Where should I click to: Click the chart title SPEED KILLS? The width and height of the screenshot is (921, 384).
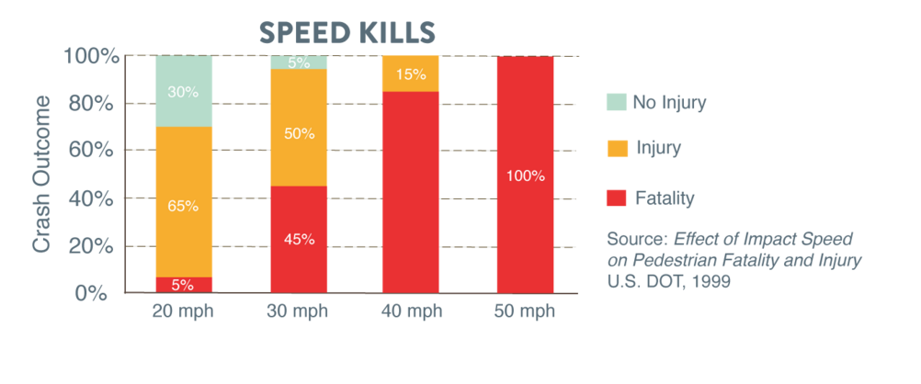347,31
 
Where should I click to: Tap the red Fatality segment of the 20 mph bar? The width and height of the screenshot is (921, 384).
184,284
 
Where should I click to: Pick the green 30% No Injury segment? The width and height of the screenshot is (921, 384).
184,91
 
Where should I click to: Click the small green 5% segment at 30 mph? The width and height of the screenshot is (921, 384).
299,62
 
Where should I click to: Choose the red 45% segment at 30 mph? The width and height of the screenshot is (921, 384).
299,239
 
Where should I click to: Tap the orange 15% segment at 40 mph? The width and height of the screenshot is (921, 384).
412,73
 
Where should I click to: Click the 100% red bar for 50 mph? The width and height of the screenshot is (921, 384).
526,175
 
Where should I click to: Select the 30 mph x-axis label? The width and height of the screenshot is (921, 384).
299,311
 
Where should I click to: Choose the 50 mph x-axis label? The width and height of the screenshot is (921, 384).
526,311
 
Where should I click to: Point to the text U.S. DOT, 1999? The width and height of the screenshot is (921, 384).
669,282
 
